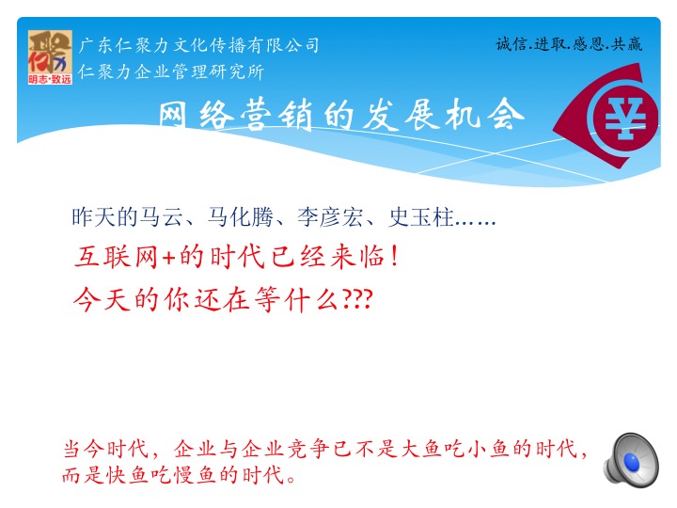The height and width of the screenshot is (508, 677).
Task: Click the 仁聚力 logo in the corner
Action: point(50,57)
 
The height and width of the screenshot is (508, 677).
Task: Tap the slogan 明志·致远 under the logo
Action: point(50,79)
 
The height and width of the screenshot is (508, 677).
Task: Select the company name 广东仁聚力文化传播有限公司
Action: point(198,45)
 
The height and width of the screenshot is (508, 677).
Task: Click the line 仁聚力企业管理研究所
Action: point(171,71)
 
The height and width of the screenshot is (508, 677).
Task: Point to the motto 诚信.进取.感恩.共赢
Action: point(569,44)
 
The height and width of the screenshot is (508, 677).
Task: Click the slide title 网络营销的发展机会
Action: point(341,115)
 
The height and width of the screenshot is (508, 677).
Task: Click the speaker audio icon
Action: point(631,460)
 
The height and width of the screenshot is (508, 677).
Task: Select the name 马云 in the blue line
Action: point(162,217)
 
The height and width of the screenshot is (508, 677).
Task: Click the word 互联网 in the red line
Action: point(117,257)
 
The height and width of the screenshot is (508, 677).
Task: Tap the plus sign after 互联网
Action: point(169,258)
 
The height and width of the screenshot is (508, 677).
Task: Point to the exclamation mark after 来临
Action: point(394,257)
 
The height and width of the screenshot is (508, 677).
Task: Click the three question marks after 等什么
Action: point(358,299)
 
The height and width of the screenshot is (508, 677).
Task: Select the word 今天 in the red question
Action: point(102,299)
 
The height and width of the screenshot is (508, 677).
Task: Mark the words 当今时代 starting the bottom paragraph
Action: point(105,449)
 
